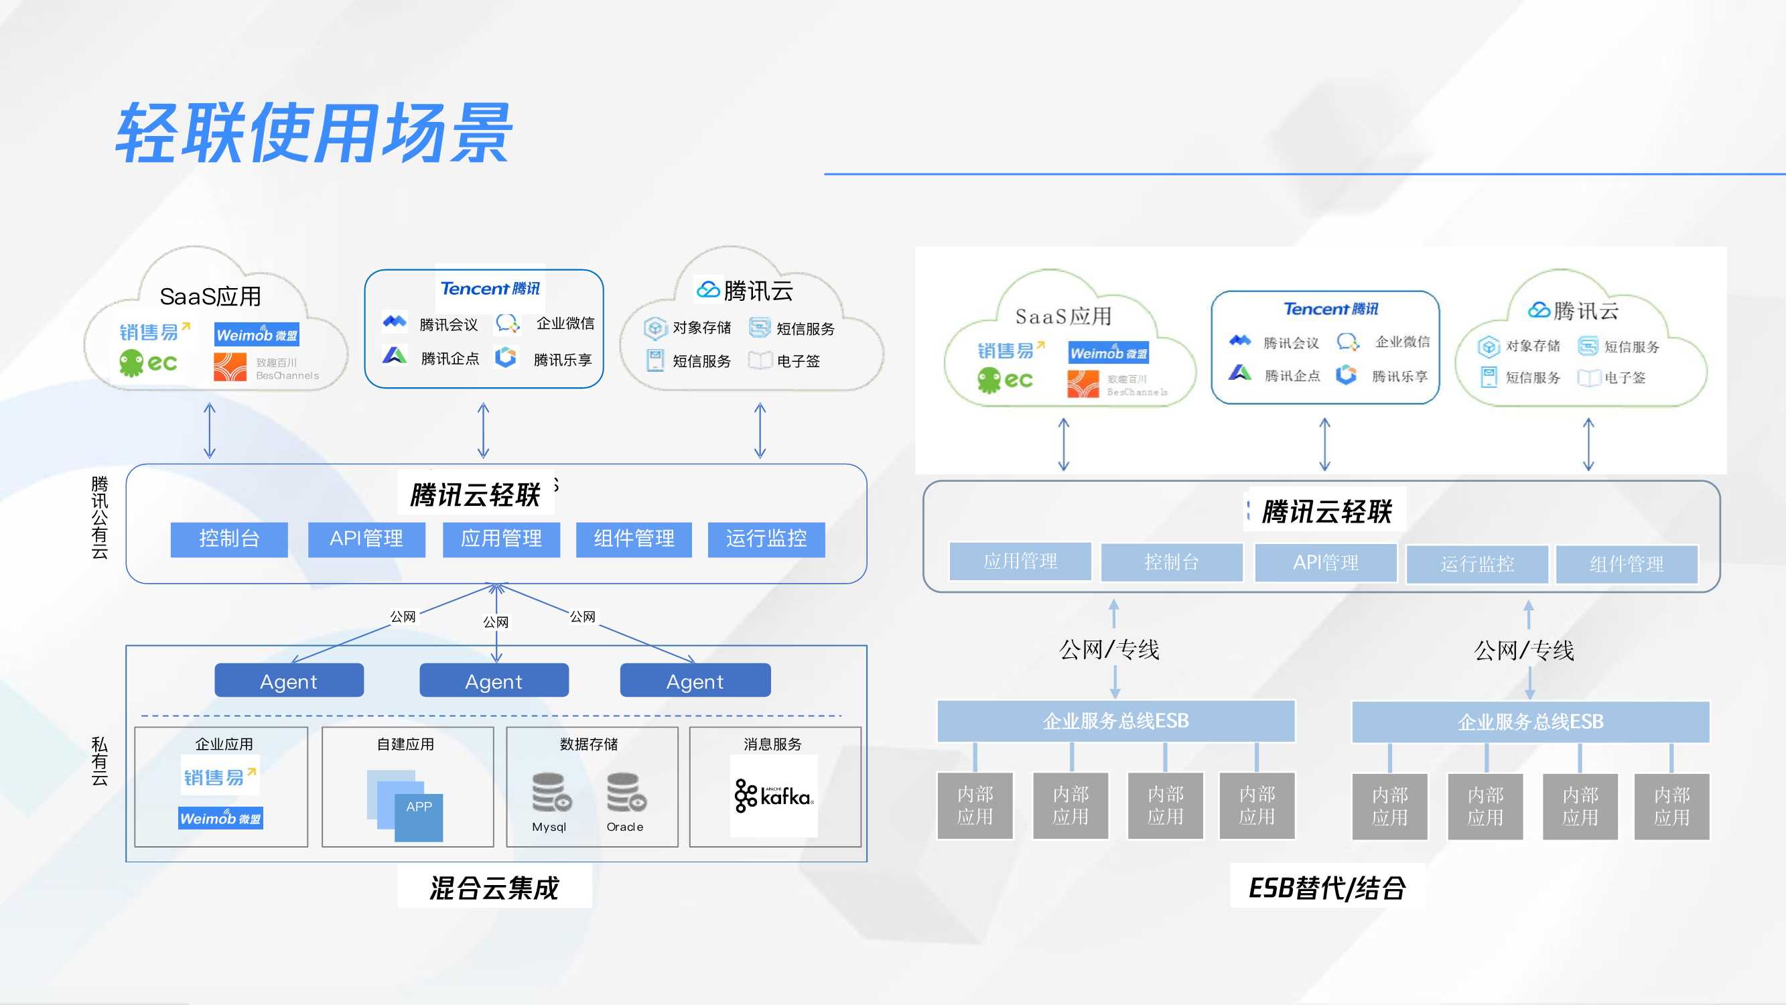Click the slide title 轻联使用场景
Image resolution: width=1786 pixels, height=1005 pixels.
click(x=314, y=133)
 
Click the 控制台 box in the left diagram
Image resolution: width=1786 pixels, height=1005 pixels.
click(x=229, y=539)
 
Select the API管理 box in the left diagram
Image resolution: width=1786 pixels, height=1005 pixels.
click(x=366, y=539)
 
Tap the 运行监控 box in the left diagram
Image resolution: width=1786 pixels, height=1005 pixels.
click(x=766, y=539)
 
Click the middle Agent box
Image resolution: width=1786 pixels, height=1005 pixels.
click(x=494, y=681)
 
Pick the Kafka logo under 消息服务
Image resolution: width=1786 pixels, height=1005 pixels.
click(x=774, y=795)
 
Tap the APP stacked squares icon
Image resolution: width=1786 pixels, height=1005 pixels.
click(x=405, y=805)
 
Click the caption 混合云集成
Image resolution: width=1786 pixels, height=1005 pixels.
click(x=494, y=888)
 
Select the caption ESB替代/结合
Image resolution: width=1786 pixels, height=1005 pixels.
click(x=1327, y=888)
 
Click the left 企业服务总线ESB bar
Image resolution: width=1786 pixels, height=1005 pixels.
click(x=1115, y=722)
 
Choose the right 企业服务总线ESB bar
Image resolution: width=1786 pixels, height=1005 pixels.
click(x=1530, y=722)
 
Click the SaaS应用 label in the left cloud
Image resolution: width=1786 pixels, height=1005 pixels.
click(x=210, y=297)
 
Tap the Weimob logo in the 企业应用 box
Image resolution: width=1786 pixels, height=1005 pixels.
click(x=220, y=819)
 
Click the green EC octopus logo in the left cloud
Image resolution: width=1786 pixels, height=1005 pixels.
click(x=147, y=362)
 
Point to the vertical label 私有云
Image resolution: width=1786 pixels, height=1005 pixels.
click(x=99, y=762)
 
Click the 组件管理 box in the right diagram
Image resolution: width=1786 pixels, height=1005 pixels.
click(x=1626, y=564)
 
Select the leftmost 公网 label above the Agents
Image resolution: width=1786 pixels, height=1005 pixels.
click(x=403, y=616)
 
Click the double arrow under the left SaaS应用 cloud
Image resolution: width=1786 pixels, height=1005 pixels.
click(x=210, y=431)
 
